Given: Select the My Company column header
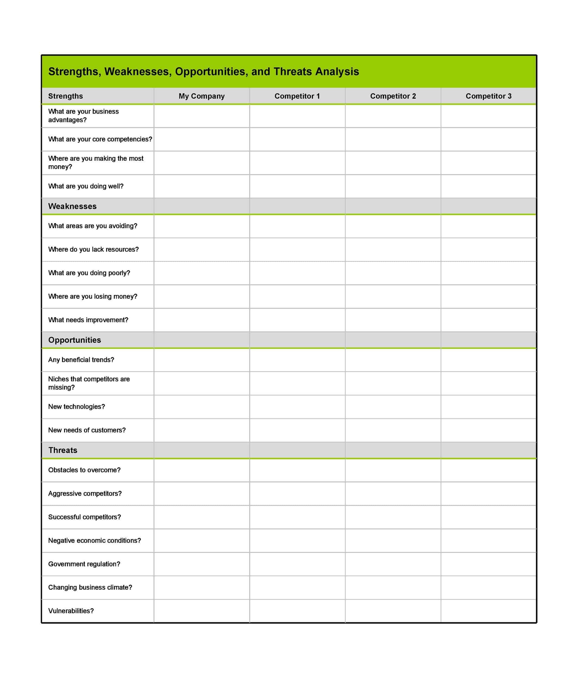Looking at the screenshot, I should [x=201, y=96].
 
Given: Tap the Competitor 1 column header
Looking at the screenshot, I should [x=297, y=96].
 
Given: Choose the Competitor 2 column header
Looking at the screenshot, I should [x=393, y=96].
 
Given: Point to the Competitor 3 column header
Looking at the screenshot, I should [x=488, y=96].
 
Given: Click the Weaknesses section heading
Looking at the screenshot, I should [x=72, y=206].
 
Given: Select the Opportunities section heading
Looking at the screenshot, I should [x=75, y=340].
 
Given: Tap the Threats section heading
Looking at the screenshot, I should [x=63, y=450].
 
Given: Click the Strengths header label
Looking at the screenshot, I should [x=65, y=96].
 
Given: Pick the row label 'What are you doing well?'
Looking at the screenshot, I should [x=86, y=186].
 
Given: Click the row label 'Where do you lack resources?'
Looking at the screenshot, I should [x=93, y=249].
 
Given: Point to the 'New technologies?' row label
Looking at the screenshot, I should [x=76, y=407].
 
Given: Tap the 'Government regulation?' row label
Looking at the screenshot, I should [x=84, y=564].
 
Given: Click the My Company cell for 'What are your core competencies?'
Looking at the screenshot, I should [x=201, y=139].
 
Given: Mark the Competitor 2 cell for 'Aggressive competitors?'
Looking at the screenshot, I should [x=393, y=493].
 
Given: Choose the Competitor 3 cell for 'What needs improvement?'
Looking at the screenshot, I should [x=488, y=320].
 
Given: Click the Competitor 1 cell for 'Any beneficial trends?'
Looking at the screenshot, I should [x=297, y=360].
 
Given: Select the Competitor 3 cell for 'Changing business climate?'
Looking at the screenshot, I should [x=488, y=588].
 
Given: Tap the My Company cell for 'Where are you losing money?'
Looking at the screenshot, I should [x=201, y=296].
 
